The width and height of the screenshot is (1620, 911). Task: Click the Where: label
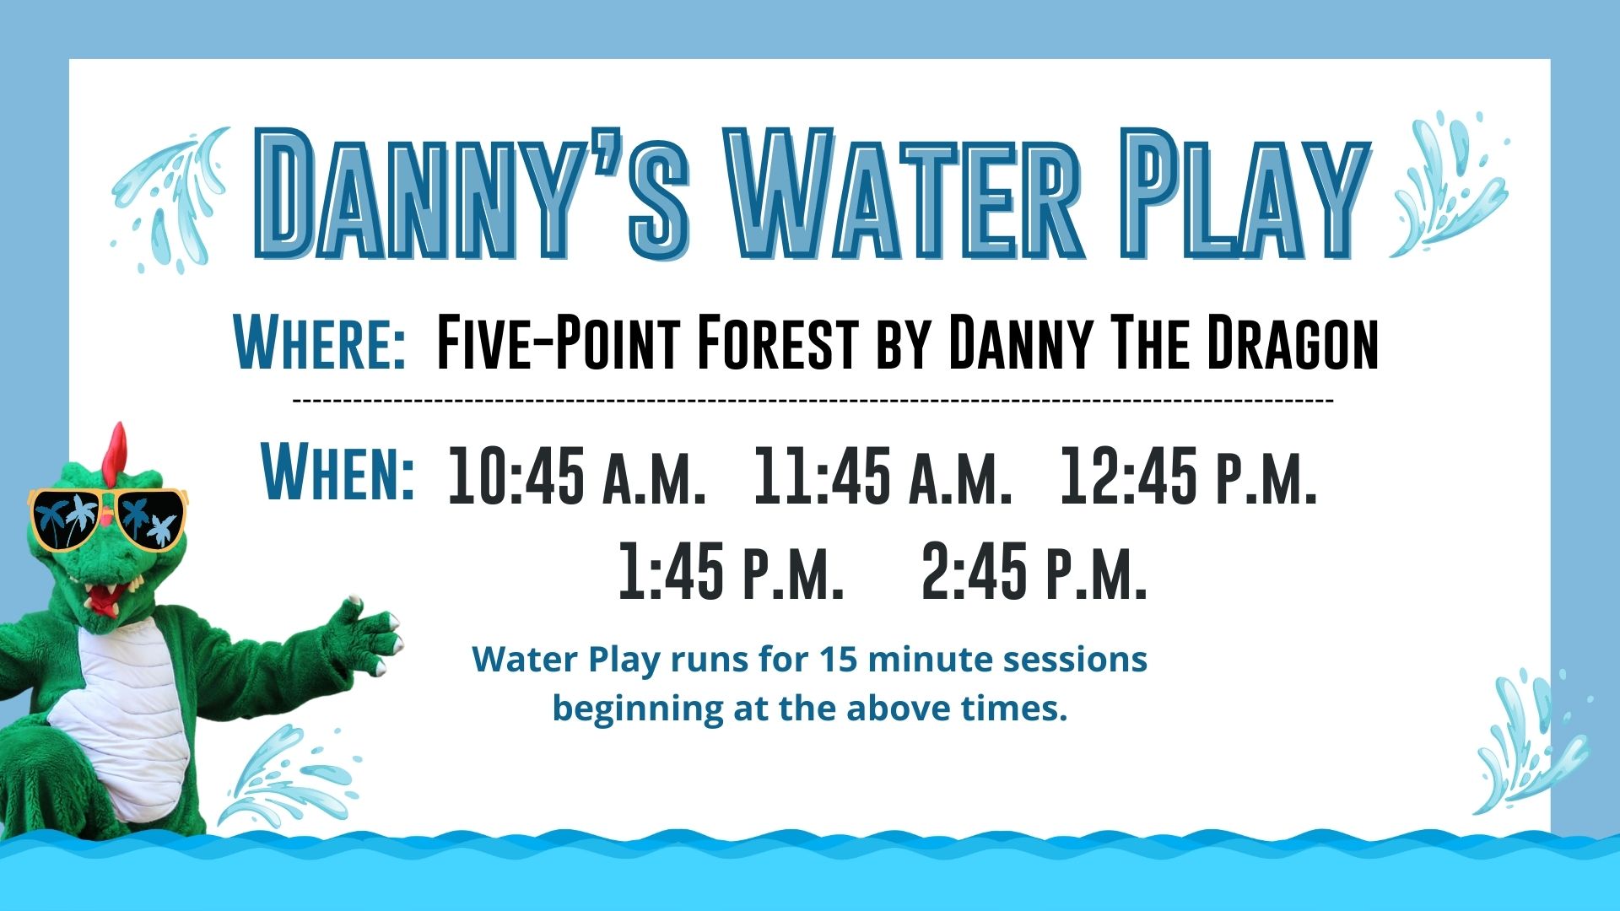[x=320, y=341]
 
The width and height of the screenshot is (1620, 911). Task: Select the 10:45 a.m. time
[x=576, y=476]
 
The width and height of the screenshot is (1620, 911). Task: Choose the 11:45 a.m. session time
[x=883, y=476]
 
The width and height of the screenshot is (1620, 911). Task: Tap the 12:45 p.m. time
[x=1188, y=476]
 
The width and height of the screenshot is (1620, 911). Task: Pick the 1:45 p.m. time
[x=731, y=571]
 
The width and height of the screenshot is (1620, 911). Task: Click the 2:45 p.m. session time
[x=1034, y=571]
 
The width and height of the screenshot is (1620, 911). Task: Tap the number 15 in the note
[x=839, y=660]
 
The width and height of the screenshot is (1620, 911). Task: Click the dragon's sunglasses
[x=108, y=518]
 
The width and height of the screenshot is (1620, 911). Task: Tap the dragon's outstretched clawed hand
[x=365, y=633]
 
